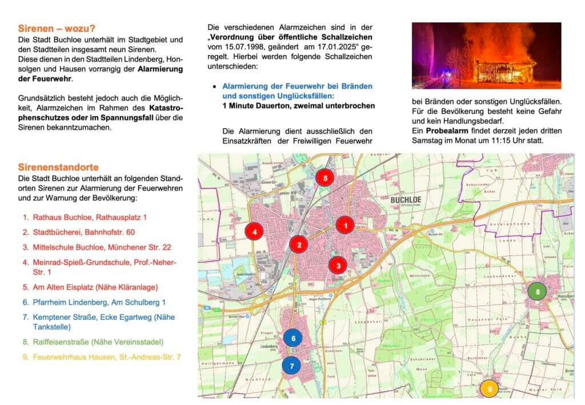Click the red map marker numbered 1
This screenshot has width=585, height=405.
click(x=345, y=226)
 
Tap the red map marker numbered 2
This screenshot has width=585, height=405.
click(x=298, y=245)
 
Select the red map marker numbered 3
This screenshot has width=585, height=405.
click(x=338, y=265)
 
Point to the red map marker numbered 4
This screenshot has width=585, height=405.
click(x=254, y=231)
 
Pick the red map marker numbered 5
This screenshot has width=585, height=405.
click(x=324, y=178)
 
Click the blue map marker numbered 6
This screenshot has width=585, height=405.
click(x=293, y=338)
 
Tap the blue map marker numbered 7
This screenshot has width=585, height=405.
click(x=291, y=364)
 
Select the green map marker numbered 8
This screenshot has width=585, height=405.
click(x=537, y=291)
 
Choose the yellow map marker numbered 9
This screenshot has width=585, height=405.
click(x=489, y=388)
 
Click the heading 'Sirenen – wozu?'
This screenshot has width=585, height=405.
click(x=57, y=28)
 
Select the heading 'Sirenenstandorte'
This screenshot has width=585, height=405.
click(x=58, y=167)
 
